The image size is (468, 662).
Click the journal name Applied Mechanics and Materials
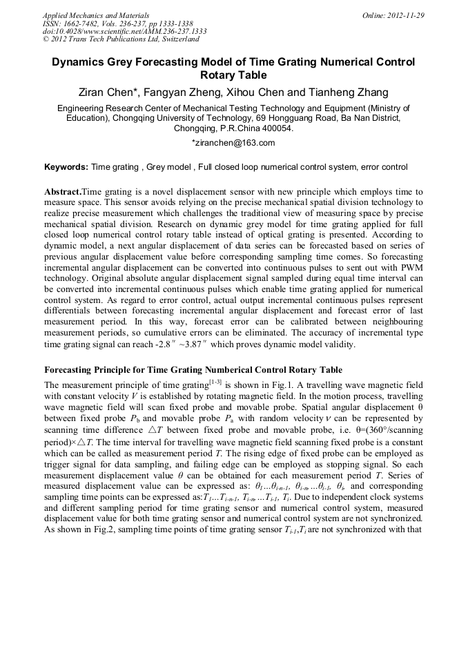point(96,14)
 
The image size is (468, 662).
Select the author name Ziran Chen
point(110,93)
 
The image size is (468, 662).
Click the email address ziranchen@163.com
point(235,143)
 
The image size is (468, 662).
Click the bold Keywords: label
point(66,167)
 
